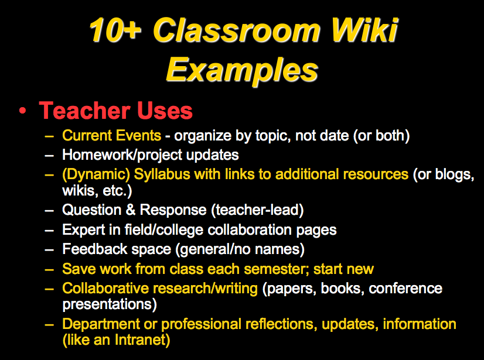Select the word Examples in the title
tap(242, 70)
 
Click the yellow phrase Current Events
tap(111, 136)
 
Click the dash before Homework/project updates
tap(50, 155)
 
